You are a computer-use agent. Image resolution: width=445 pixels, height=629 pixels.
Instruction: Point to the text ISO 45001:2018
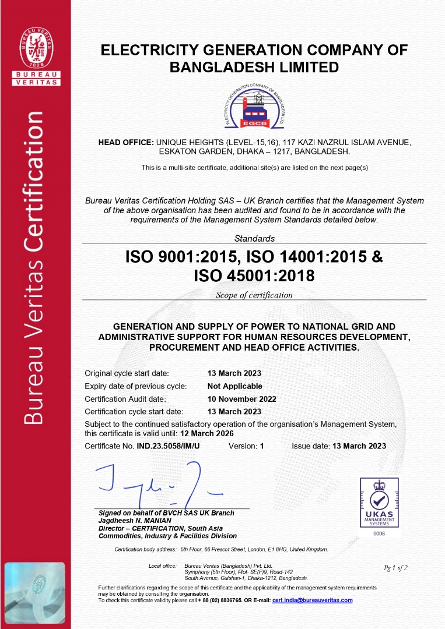254,275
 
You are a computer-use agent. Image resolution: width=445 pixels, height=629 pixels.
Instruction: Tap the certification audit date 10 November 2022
241,399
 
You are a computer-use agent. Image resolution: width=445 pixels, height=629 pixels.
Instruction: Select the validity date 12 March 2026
207,434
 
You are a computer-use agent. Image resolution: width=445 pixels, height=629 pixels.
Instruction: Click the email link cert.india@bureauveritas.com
313,600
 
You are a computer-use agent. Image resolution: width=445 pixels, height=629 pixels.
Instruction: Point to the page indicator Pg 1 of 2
395,567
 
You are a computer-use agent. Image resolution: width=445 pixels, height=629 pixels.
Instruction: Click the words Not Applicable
234,386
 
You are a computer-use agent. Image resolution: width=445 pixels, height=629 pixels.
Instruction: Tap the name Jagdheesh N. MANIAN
135,521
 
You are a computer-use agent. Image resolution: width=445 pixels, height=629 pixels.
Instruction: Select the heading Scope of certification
254,295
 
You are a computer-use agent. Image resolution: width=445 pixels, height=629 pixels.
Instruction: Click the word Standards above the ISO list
254,238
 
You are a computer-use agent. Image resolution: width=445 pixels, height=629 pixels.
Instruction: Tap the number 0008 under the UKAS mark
379,533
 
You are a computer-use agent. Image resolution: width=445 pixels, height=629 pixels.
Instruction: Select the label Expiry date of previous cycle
135,386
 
